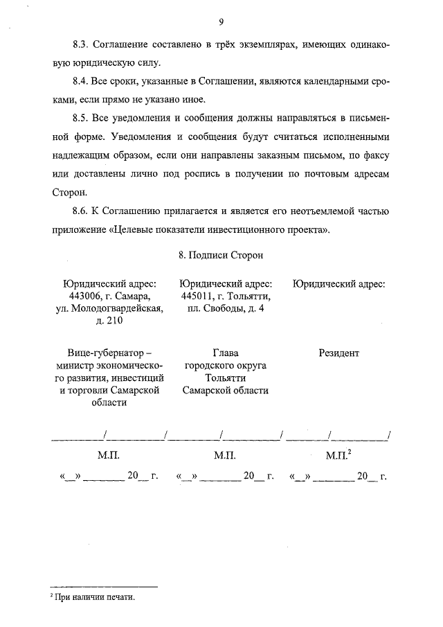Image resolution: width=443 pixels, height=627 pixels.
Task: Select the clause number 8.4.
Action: click(x=82, y=82)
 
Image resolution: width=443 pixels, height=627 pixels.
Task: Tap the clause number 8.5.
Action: click(x=82, y=119)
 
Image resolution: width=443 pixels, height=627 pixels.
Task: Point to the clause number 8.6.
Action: click(x=82, y=211)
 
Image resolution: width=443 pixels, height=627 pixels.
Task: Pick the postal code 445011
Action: click(x=195, y=296)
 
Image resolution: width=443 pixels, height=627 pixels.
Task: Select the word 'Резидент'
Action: click(x=338, y=353)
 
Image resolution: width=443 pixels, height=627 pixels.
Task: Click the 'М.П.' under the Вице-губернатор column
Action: click(x=109, y=456)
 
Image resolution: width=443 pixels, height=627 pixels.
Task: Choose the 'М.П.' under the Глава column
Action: click(x=225, y=456)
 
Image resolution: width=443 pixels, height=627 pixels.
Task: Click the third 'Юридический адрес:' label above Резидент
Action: click(x=338, y=283)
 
